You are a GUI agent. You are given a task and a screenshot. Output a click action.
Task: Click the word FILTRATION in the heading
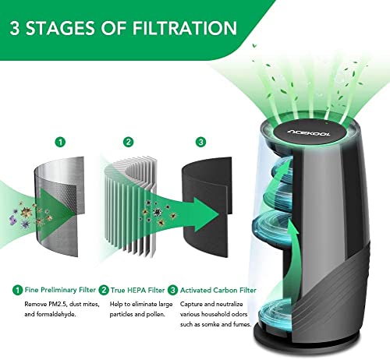point(185,28)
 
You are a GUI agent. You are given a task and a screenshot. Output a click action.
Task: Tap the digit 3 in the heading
point(15,28)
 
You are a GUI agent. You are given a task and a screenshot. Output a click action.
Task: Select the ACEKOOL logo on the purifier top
point(309,132)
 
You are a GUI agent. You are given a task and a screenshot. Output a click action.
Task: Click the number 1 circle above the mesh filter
point(61,142)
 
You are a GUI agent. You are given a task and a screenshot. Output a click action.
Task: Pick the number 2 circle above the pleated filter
point(128,142)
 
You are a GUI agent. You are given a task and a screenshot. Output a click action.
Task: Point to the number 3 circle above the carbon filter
point(200,142)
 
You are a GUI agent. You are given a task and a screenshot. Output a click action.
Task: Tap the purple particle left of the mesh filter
point(13,220)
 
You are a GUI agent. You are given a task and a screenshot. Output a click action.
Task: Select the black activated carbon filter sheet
point(206,206)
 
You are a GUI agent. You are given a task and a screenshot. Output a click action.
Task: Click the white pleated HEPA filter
point(131,205)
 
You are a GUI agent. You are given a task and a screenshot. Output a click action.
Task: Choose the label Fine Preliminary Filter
point(60,290)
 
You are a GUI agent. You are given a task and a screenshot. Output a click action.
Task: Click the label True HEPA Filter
point(138,290)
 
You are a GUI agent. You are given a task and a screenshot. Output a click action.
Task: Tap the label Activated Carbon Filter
point(218,290)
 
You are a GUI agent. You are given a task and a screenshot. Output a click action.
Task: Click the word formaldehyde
point(56,314)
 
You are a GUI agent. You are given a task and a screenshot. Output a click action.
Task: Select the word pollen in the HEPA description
point(157,314)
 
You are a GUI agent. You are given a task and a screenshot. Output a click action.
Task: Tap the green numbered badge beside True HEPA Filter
point(104,290)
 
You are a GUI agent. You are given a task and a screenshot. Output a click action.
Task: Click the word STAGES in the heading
point(60,28)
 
